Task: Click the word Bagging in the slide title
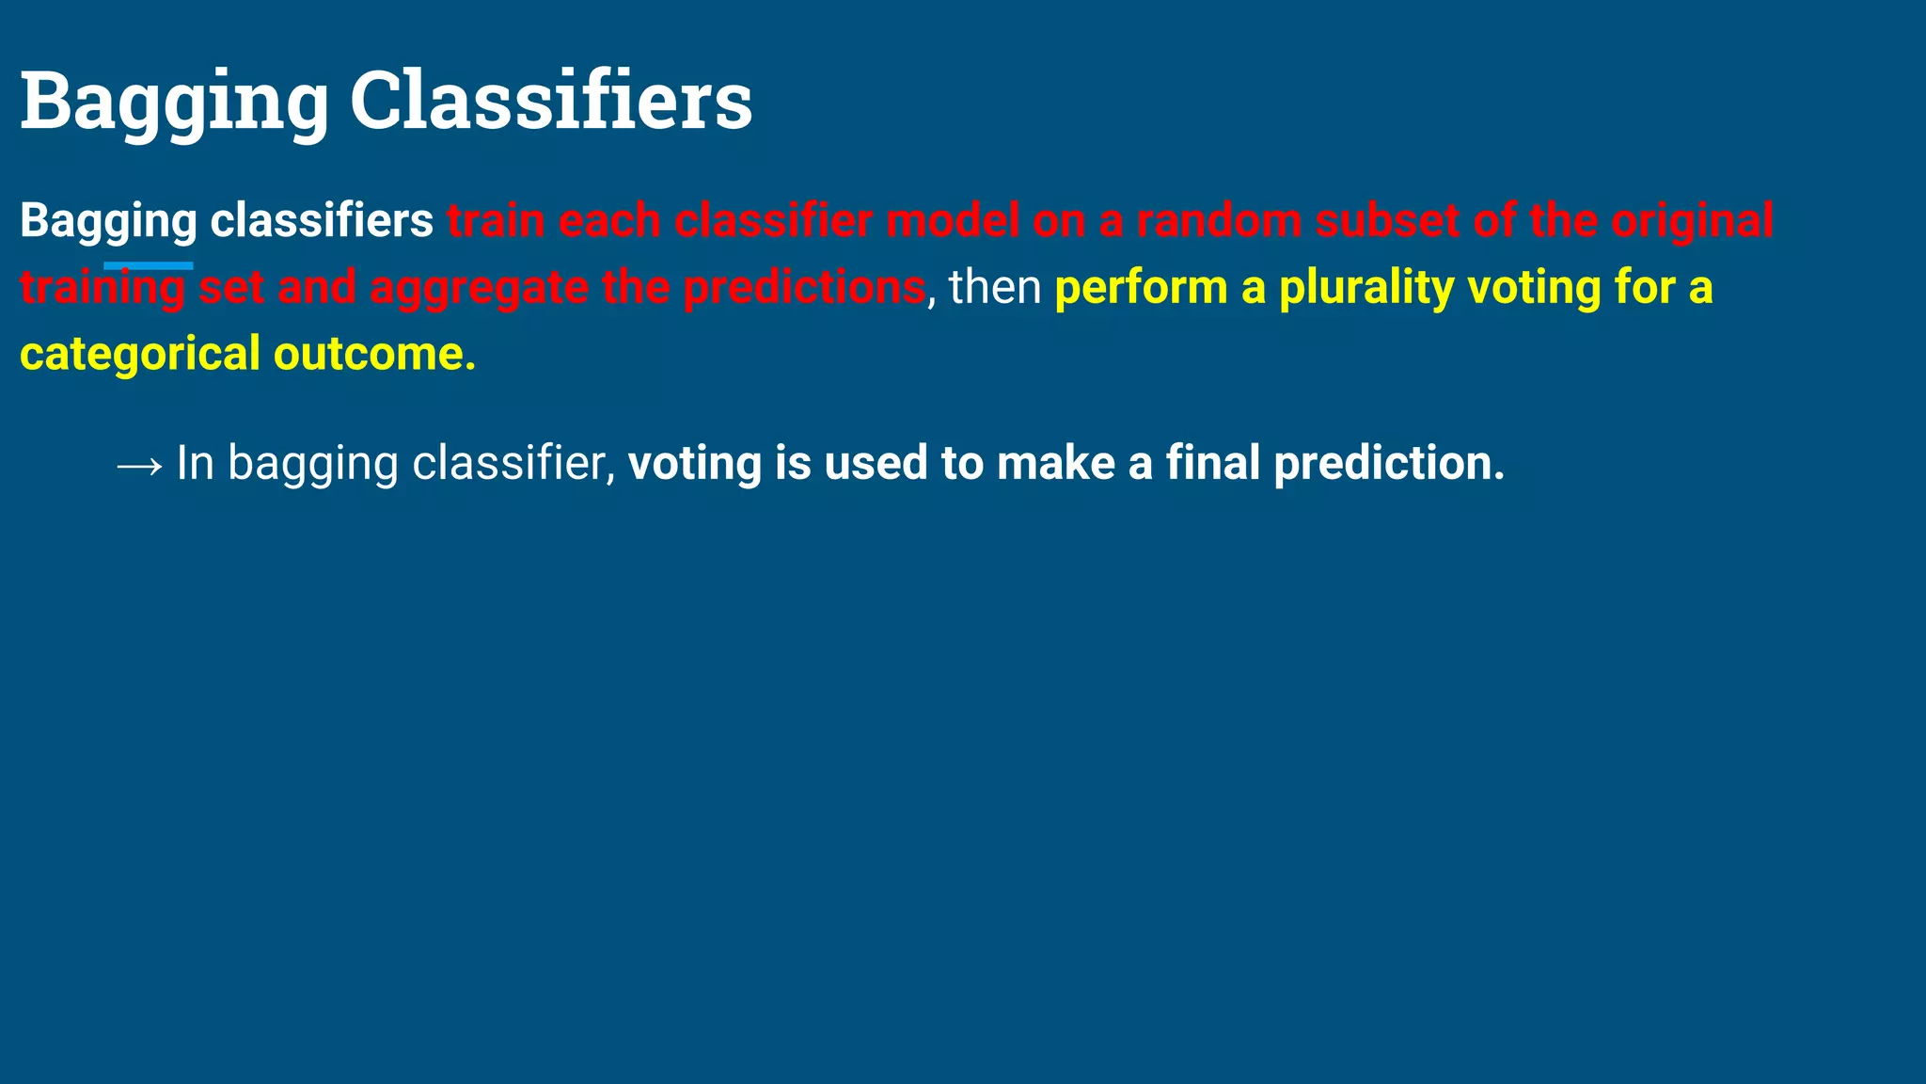tap(174, 102)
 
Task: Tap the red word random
tap(1219, 221)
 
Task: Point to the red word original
tap(1692, 221)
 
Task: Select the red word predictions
tap(804, 288)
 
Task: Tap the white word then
tap(995, 288)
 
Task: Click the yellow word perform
tap(1141, 288)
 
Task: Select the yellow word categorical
tap(140, 355)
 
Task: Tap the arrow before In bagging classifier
tap(139, 465)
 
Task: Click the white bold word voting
tap(695, 464)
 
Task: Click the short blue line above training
tap(149, 266)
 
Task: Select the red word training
tap(103, 288)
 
